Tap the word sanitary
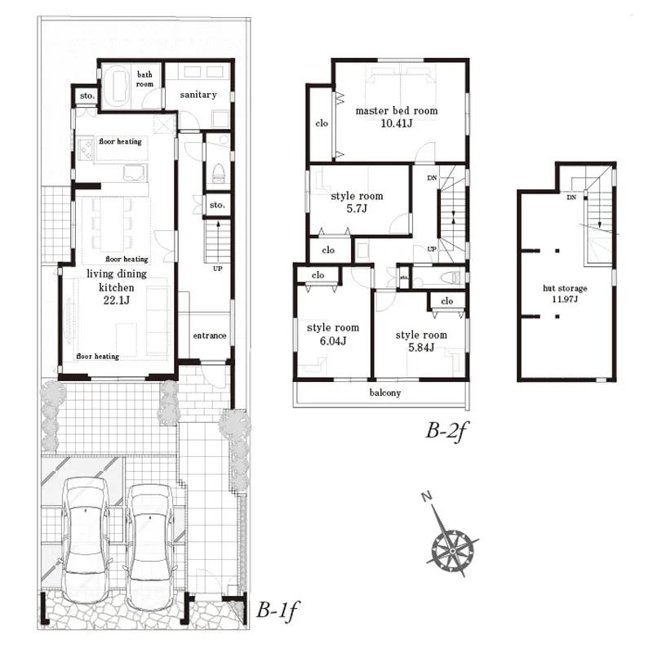click(198, 95)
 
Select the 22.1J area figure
click(117, 300)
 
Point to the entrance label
click(210, 335)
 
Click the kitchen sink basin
click(135, 172)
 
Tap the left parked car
click(85, 540)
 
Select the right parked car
click(149, 546)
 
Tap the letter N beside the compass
click(426, 496)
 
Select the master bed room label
click(397, 111)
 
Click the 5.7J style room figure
click(357, 209)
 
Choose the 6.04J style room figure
click(333, 341)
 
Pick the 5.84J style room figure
click(421, 348)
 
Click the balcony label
click(385, 393)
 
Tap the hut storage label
click(565, 288)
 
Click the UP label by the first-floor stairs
click(218, 269)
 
